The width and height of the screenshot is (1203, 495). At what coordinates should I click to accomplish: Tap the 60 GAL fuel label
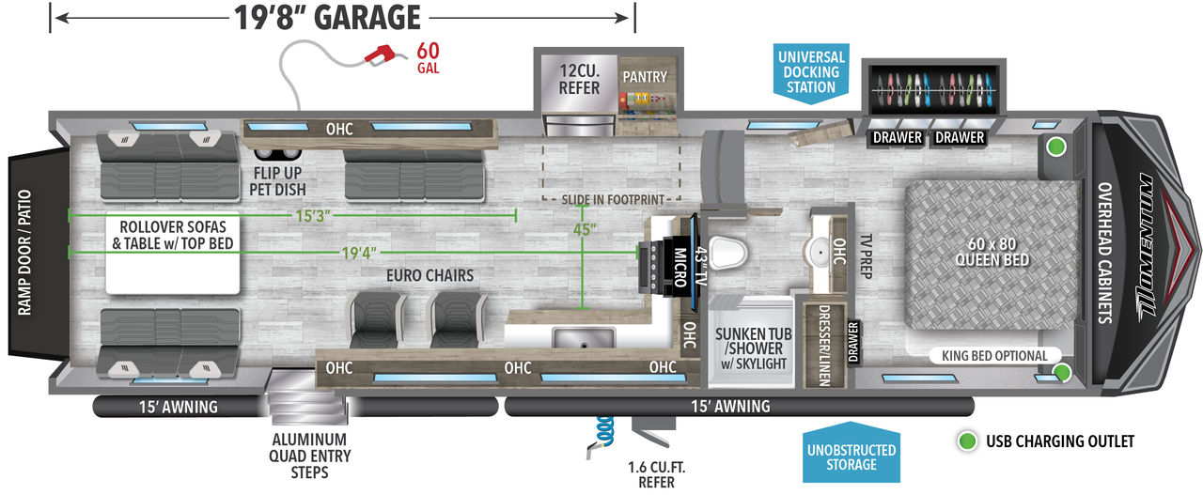click(x=428, y=58)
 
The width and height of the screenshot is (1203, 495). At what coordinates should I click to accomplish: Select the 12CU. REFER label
click(x=579, y=79)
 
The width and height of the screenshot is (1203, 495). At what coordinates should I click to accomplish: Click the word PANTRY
click(x=645, y=77)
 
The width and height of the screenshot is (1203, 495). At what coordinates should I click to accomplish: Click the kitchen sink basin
click(x=584, y=338)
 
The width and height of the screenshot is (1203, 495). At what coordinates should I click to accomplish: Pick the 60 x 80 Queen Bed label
click(x=992, y=252)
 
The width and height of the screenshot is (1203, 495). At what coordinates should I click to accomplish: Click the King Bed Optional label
click(x=994, y=355)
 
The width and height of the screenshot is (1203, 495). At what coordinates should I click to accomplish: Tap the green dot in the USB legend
click(x=967, y=441)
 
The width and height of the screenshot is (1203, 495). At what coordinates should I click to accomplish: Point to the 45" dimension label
click(x=585, y=230)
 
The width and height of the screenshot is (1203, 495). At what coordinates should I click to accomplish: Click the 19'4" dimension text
click(x=359, y=253)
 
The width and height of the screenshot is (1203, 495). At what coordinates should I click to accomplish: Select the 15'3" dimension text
click(x=313, y=216)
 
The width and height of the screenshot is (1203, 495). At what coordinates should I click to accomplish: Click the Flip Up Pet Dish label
click(x=277, y=181)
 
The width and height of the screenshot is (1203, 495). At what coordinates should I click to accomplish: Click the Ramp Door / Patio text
click(x=24, y=253)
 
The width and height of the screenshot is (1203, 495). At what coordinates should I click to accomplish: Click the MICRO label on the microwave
click(x=680, y=267)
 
